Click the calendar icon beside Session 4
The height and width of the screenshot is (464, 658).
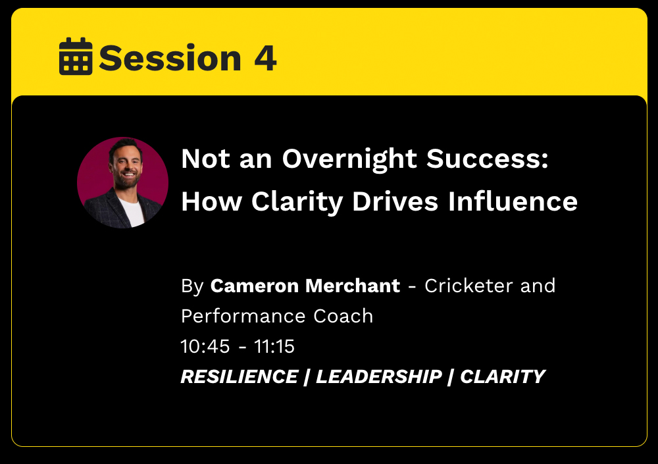(x=76, y=56)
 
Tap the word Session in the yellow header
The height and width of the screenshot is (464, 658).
(x=170, y=58)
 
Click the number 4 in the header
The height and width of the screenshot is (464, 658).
(x=265, y=58)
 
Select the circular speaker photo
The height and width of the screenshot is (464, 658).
(x=122, y=183)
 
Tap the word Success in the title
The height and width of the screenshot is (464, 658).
(x=487, y=159)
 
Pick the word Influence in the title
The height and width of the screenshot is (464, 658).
(x=513, y=201)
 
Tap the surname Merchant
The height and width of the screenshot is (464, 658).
(x=353, y=286)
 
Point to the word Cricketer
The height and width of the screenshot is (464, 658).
(x=468, y=286)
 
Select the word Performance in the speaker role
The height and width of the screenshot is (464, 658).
(x=243, y=316)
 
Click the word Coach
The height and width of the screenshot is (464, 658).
(x=343, y=316)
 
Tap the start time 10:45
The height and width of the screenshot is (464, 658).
(x=205, y=346)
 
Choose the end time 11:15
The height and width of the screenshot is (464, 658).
(x=274, y=346)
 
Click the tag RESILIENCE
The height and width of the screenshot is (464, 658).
(x=240, y=376)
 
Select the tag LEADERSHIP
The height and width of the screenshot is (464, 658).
(x=378, y=376)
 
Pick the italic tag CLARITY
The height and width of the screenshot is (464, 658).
(x=502, y=376)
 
